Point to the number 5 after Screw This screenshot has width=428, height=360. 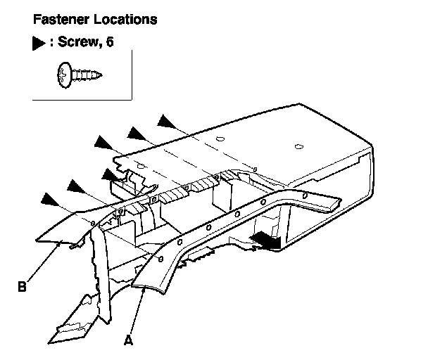click(109, 44)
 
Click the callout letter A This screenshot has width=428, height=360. click(127, 341)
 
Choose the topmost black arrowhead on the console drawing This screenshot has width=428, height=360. click(166, 121)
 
